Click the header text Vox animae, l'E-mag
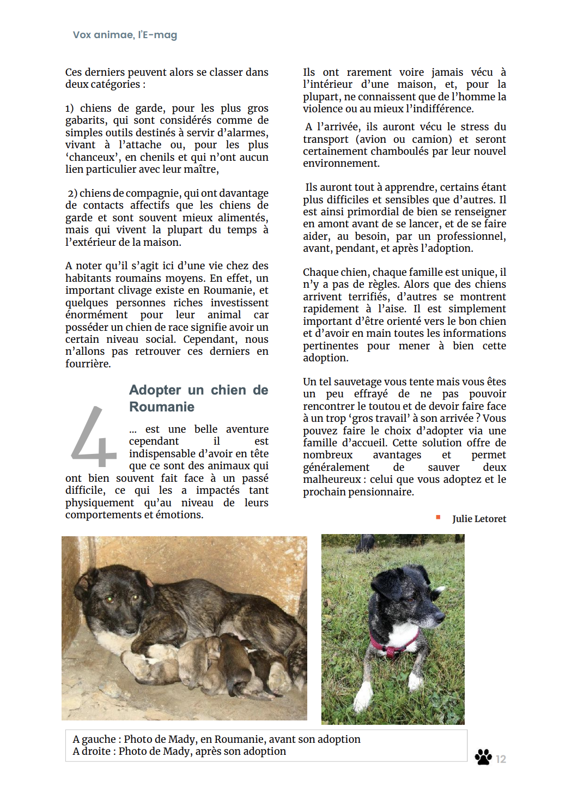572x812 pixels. click(125, 35)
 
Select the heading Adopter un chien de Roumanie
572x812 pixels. click(198, 398)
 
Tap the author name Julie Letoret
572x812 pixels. click(479, 519)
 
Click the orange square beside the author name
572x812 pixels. click(438, 517)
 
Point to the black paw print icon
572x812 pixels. click(483, 757)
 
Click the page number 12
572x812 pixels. click(501, 759)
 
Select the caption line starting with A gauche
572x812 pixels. click(216, 739)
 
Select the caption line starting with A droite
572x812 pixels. click(179, 751)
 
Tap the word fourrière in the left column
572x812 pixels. click(88, 363)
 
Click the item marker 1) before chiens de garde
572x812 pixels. click(70, 108)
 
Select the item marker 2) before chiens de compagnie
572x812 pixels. click(72, 193)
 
